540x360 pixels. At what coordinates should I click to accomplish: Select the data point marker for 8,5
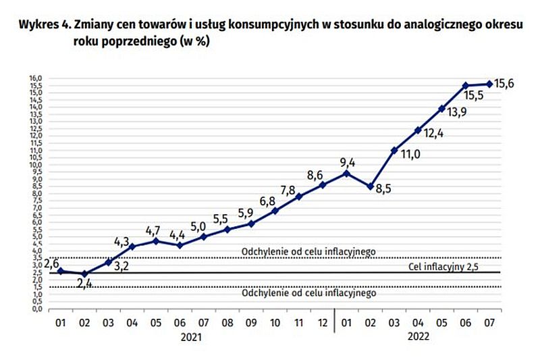pyautogui.click(x=370, y=186)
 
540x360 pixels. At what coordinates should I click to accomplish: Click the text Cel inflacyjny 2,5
pyautogui.click(x=443, y=266)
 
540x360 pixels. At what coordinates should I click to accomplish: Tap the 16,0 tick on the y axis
pyautogui.click(x=36, y=78)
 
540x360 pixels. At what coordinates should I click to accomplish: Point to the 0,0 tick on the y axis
pyautogui.click(x=36, y=309)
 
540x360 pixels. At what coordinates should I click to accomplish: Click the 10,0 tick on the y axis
pyautogui.click(x=36, y=165)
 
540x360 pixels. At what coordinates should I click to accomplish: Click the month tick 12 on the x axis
pyautogui.click(x=323, y=323)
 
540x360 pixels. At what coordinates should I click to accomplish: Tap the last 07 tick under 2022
pyautogui.click(x=489, y=323)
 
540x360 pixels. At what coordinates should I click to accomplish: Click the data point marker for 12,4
pyautogui.click(x=418, y=130)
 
